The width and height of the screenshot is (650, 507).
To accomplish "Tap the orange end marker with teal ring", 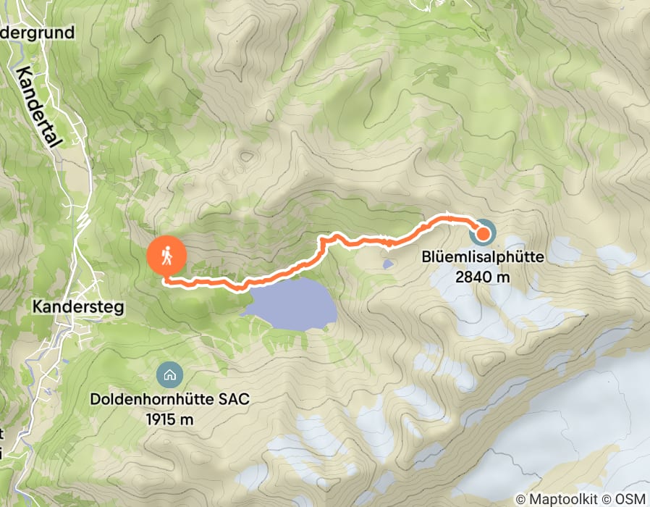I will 483,233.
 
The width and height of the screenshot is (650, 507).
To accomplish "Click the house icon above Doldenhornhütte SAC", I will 169,375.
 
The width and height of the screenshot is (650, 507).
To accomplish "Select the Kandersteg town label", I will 78,307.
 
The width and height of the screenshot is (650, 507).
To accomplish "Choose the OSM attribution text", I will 632,499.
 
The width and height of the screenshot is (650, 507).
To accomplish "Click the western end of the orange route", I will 166,280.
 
